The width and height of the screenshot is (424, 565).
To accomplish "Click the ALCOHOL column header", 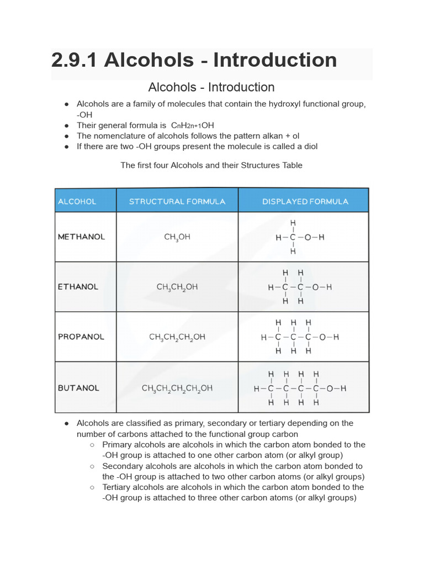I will (77, 201).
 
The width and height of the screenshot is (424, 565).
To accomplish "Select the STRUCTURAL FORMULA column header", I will (177, 201).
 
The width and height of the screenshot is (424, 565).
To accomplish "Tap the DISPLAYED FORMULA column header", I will (305, 201).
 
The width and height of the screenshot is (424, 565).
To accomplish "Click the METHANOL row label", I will (81, 237).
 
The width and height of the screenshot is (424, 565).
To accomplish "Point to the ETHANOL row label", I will (78, 287).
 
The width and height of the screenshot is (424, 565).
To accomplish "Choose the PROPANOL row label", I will (80, 337).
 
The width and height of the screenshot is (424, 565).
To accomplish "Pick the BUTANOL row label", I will (78, 388).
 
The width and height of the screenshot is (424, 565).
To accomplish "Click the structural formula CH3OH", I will (177, 237).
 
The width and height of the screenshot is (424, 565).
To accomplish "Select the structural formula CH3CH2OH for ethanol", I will (177, 287).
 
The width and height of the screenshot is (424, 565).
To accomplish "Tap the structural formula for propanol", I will (177, 337).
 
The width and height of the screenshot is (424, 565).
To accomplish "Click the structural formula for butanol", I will (177, 388).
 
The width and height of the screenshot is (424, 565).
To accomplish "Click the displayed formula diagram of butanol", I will (300, 388).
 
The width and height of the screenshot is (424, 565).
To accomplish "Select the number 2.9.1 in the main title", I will (74, 60).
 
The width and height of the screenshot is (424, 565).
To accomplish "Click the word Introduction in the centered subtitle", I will (241, 87).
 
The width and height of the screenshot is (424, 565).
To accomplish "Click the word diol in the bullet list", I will (309, 146).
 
